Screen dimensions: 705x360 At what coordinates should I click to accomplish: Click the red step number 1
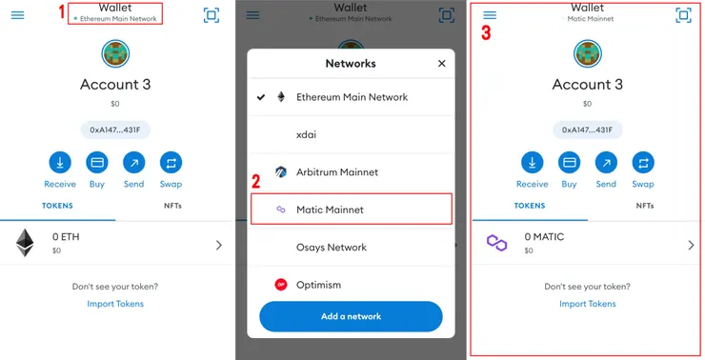point(62,12)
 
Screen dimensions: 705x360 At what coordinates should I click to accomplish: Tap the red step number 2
point(256,181)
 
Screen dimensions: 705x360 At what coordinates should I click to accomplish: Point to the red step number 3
point(486,32)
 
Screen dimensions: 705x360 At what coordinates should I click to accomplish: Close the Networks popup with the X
point(441,64)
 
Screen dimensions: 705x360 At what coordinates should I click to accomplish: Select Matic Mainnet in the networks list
point(330,210)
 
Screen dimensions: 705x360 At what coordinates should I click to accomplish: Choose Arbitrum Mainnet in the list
point(336,172)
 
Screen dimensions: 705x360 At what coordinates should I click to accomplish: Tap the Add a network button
point(352,316)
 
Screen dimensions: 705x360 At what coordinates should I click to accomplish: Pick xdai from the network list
point(306,134)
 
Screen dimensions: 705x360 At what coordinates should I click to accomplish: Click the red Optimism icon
point(281,285)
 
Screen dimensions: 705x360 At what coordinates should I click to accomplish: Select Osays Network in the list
point(332,248)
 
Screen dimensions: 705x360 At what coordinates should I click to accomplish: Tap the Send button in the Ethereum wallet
point(134,163)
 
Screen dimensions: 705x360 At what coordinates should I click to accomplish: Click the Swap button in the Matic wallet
point(643,163)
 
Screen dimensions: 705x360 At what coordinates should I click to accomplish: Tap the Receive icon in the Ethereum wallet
point(60,163)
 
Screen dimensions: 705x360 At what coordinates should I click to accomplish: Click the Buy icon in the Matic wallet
point(570,163)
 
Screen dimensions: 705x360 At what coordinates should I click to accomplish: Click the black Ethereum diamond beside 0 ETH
point(25,243)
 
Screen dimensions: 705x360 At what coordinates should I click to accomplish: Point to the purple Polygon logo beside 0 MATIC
point(496,243)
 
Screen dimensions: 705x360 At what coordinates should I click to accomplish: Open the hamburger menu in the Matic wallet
point(490,15)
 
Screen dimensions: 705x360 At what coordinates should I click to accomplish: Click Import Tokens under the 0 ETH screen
point(115,304)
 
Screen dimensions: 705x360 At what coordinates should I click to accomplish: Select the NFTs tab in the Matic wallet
point(645,206)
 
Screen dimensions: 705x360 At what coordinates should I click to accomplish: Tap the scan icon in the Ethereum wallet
point(211,15)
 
